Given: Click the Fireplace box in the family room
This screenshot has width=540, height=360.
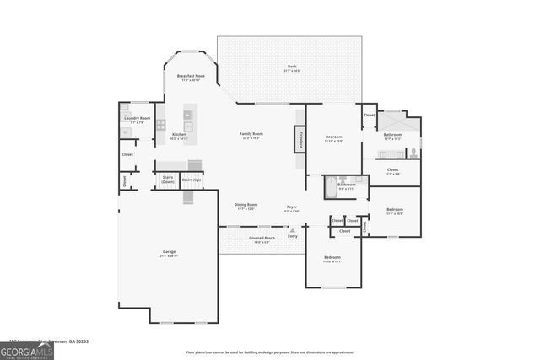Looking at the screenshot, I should tap(300, 140).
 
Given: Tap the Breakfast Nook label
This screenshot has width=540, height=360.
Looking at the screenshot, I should tap(187, 78).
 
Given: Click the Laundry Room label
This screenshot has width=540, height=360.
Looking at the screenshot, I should tap(137, 120).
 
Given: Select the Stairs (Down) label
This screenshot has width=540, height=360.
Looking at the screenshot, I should tap(167, 180).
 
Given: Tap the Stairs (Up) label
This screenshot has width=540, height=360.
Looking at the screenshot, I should tap(192, 180).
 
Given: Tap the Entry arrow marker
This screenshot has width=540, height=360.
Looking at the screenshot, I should tap(293, 229).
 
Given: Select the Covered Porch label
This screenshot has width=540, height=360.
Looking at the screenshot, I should tap(261, 239).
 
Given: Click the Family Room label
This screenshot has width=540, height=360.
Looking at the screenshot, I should tap(251, 135).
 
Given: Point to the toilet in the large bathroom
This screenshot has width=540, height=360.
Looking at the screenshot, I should tap(413, 153).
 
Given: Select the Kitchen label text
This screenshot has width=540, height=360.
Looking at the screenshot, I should tap(179, 136).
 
